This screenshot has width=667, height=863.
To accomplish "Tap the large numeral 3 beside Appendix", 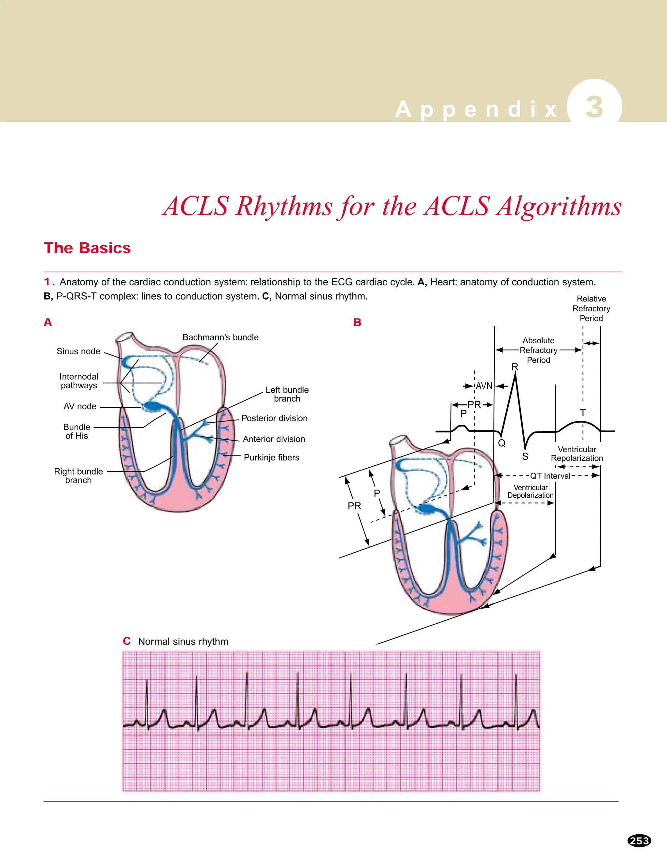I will [594, 107].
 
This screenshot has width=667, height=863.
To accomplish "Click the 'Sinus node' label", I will [78, 351].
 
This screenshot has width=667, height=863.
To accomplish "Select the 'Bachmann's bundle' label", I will [220, 337].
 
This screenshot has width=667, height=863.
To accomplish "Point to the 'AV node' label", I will [80, 406].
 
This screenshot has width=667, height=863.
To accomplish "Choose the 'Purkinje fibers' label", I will [272, 457].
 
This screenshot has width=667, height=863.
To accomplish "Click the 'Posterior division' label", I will [274, 418].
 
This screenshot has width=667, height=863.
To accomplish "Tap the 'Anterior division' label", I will [274, 439].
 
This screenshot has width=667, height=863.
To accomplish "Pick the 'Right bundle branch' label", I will [78, 476].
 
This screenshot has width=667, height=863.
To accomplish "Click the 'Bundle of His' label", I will [77, 431].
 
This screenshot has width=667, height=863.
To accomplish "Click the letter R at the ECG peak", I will [515, 367].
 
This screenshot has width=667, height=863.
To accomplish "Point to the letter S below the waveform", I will [525, 456].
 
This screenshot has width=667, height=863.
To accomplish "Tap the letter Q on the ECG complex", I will [502, 443].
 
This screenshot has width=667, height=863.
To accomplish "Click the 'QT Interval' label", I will [550, 476].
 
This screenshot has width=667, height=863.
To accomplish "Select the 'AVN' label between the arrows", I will [484, 386].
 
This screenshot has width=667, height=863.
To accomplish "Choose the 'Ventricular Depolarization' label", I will [530, 491].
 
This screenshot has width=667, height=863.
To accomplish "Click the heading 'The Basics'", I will [87, 248].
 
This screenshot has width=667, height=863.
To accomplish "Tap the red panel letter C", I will [126, 641].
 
